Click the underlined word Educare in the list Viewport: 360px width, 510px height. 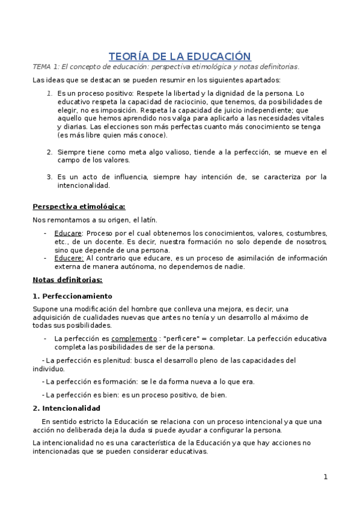pos(67,233)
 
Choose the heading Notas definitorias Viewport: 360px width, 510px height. pos(67,280)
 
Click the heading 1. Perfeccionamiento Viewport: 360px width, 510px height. pos(72,296)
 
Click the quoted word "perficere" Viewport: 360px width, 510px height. pos(188,339)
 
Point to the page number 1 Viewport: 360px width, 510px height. pos(325,477)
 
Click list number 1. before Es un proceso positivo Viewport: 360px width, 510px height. pos(50,94)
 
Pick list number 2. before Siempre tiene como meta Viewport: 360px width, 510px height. pos(50,152)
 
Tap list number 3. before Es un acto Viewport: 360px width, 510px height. pos(50,177)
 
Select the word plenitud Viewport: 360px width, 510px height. pos(113,360)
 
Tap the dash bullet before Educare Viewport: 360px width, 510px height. pos(46,233)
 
